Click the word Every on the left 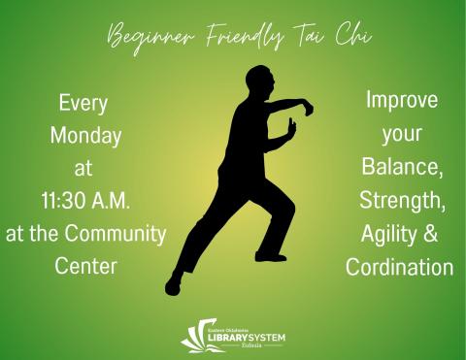tap(83, 102)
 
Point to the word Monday tap(83, 135)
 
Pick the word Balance tap(400, 167)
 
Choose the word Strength tap(400, 200)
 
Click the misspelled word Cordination tap(400, 266)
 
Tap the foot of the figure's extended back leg tap(174, 283)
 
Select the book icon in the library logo tap(194, 335)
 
